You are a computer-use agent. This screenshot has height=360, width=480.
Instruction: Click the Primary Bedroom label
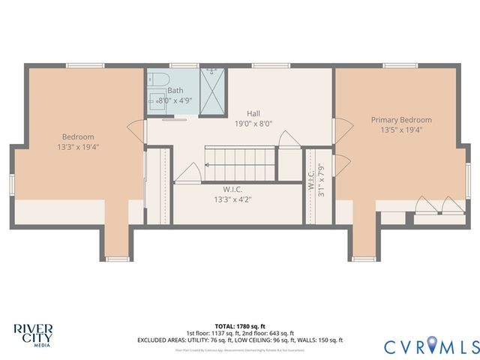click(x=400, y=119)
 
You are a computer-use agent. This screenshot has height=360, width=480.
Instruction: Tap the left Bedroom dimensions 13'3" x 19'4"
click(x=77, y=147)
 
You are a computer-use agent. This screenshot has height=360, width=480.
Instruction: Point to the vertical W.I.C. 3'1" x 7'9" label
click(x=316, y=180)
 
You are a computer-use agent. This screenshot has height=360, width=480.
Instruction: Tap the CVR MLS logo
click(x=431, y=346)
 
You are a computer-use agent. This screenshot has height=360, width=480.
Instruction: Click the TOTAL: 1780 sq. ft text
click(x=240, y=325)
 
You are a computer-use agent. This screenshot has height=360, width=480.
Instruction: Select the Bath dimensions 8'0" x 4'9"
click(x=175, y=100)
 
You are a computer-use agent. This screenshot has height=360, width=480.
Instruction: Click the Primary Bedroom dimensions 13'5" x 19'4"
click(x=400, y=130)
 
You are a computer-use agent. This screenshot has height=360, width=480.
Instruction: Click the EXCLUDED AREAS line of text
click(x=240, y=340)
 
